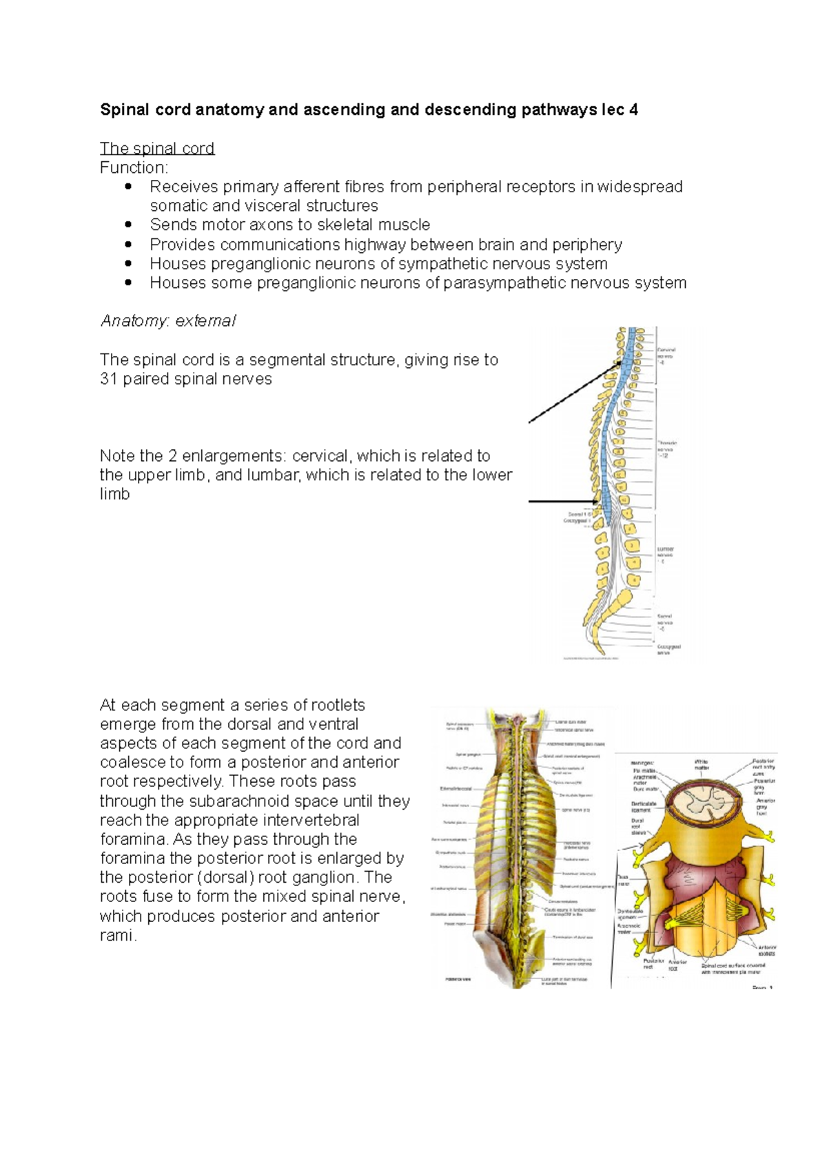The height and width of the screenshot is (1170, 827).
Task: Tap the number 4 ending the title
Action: click(x=633, y=110)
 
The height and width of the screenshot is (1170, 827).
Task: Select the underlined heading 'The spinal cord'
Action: click(x=157, y=148)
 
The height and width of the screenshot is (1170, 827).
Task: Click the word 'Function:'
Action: click(x=134, y=167)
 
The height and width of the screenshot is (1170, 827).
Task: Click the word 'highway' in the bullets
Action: click(x=376, y=245)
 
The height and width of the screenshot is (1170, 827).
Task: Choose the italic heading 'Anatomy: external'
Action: click(x=167, y=320)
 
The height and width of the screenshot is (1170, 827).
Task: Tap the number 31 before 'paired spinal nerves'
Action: click(x=109, y=379)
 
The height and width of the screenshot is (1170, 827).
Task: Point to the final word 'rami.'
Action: click(x=119, y=935)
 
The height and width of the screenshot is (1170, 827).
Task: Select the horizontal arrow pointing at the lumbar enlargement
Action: click(x=564, y=502)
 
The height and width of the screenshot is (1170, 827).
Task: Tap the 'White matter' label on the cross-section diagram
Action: click(x=702, y=764)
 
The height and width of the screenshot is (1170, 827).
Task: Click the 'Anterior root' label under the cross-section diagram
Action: click(x=677, y=964)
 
